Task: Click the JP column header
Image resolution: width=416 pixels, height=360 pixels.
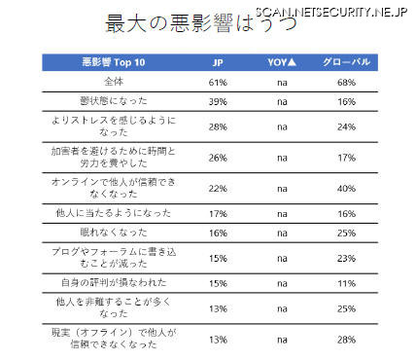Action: pos(217,62)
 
